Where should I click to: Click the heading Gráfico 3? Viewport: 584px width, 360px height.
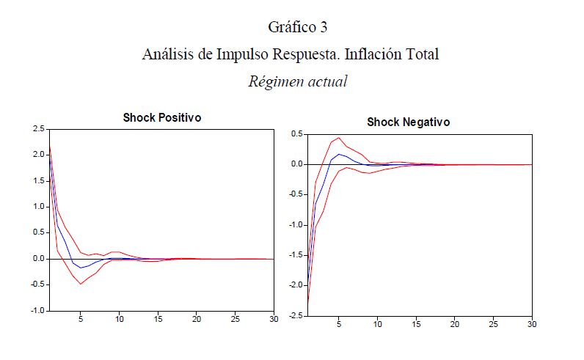pyautogui.click(x=297, y=28)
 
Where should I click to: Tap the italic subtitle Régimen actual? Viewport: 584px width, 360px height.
pyautogui.click(x=297, y=81)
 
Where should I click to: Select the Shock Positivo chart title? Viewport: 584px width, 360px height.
pyautogui.click(x=161, y=117)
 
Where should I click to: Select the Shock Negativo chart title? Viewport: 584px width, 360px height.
pyautogui.click(x=409, y=122)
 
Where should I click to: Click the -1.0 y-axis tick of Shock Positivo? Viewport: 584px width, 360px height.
pyautogui.click(x=37, y=311)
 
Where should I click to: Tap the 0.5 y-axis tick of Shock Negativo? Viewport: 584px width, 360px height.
pyautogui.click(x=296, y=134)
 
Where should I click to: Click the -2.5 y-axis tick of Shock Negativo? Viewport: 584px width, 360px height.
pyautogui.click(x=295, y=316)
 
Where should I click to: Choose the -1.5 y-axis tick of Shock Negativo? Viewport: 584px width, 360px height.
pyautogui.click(x=295, y=255)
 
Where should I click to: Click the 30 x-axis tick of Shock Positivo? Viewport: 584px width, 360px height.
pyautogui.click(x=274, y=319)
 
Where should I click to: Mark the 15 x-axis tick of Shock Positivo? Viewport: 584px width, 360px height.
pyautogui.click(x=158, y=319)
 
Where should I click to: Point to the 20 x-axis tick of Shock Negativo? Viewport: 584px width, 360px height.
pyautogui.click(x=455, y=324)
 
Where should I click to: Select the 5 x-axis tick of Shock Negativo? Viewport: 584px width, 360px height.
pyautogui.click(x=339, y=324)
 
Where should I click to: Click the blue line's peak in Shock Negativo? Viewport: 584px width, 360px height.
pyautogui.click(x=339, y=154)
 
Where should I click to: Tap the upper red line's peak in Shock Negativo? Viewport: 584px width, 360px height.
pyautogui.click(x=339, y=138)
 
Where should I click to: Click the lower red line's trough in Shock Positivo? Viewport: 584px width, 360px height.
pyautogui.click(x=81, y=284)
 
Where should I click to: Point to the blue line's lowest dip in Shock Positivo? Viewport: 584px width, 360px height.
pyautogui.click(x=81, y=268)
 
